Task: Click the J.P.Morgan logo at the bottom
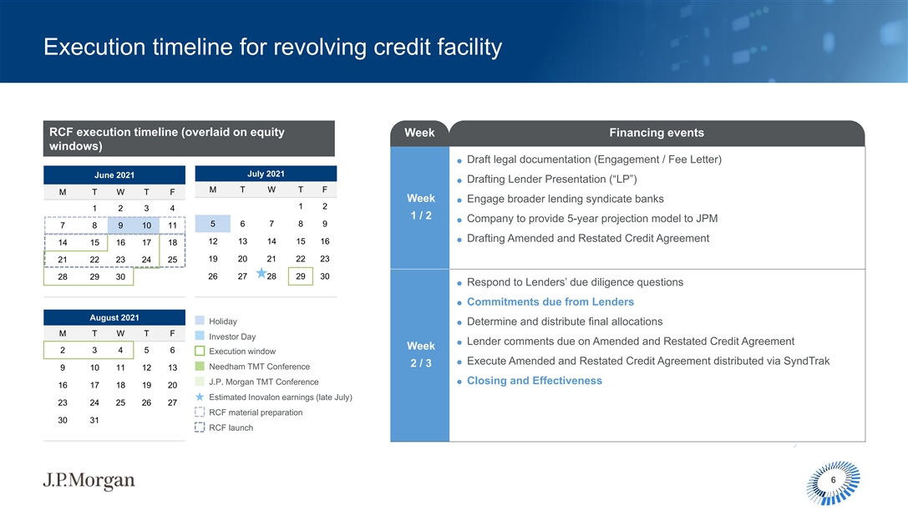tap(89, 480)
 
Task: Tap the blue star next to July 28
tap(261, 272)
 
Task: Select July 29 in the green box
tap(301, 276)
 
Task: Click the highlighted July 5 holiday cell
tap(212, 224)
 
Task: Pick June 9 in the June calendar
tap(120, 225)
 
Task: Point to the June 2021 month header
tap(114, 175)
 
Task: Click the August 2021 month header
tap(114, 317)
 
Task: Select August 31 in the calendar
tap(94, 420)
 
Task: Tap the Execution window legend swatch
tap(200, 352)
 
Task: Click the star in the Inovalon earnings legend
tap(200, 397)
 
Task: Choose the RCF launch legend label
tap(231, 428)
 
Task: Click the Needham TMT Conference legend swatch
tap(200, 367)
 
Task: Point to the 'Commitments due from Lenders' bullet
tap(550, 301)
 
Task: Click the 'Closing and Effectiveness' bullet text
tap(535, 380)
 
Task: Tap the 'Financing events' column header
tap(657, 133)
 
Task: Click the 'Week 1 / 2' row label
tap(421, 206)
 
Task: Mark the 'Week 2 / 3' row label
tap(421, 354)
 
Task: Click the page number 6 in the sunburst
tap(834, 480)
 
